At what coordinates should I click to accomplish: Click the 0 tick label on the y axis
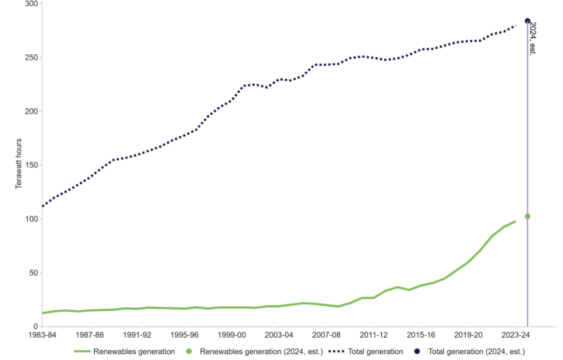pos(36,327)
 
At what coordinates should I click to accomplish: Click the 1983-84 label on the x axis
pos(43,335)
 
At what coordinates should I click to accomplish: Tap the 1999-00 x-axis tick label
pos(232,335)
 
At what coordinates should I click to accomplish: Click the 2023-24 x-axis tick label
pos(515,335)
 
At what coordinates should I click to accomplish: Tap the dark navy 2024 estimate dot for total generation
pos(527,21)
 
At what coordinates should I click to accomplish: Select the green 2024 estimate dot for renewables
pos(527,217)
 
